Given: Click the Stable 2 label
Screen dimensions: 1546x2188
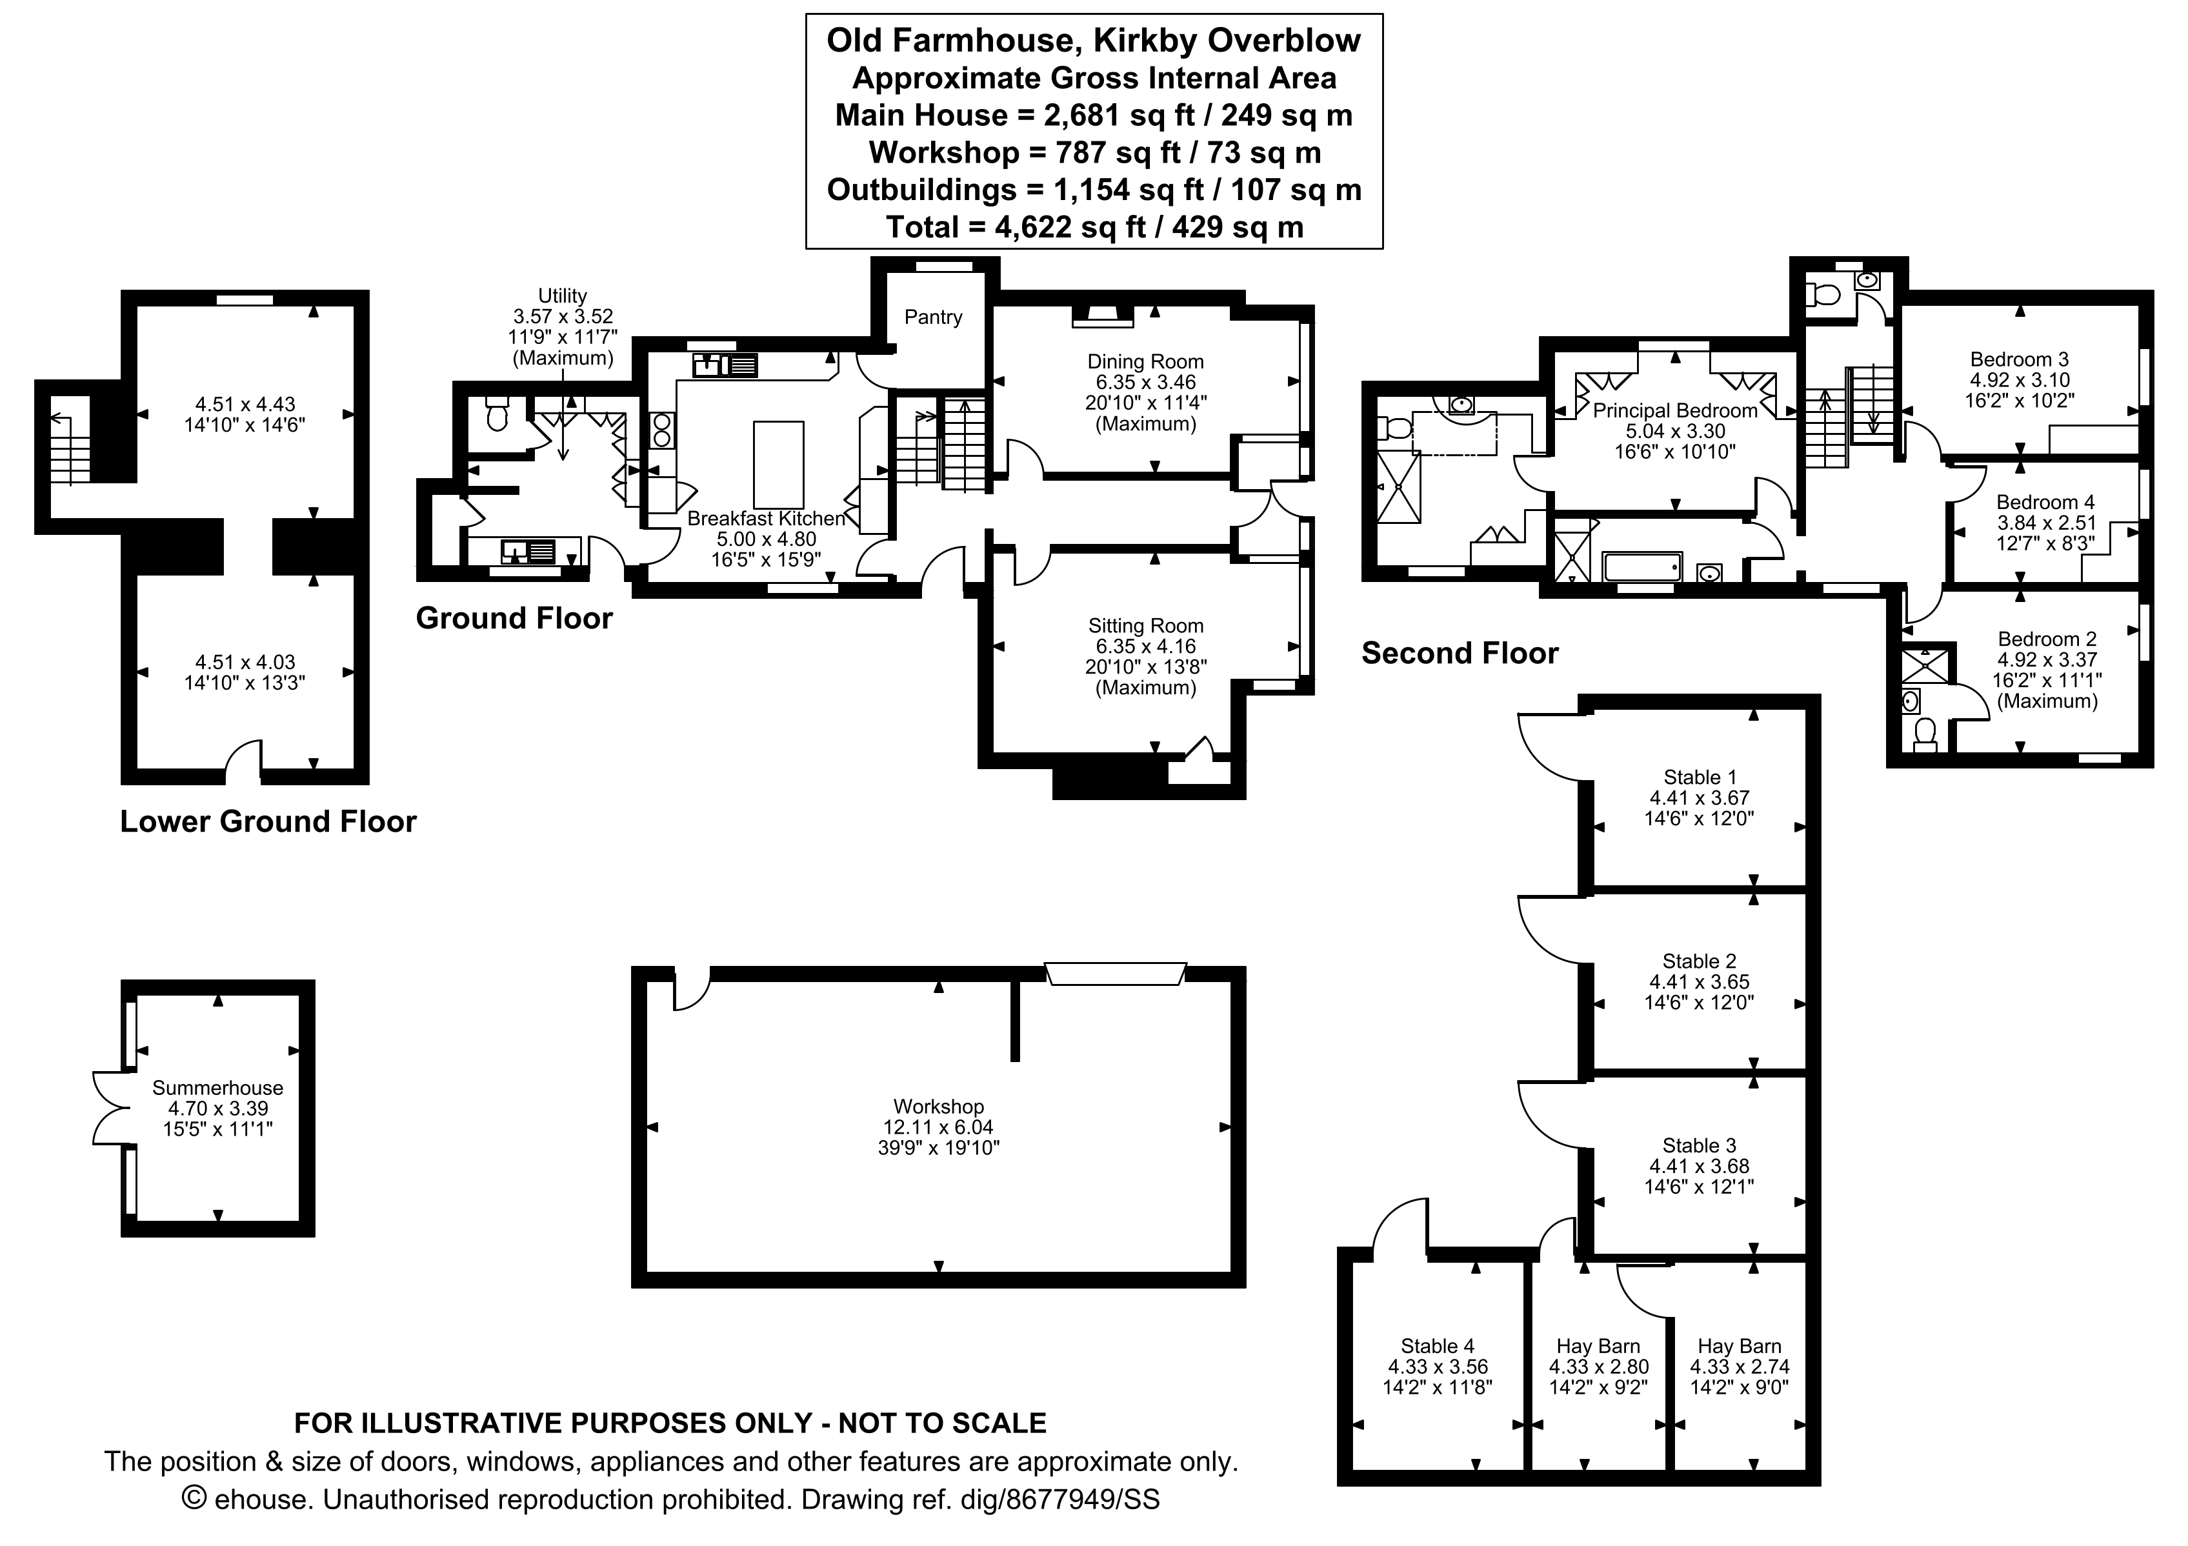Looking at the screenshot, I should tap(1699, 961).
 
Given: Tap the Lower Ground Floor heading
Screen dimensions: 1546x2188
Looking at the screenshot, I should tap(268, 821).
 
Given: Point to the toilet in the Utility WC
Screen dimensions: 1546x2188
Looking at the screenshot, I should tap(496, 416).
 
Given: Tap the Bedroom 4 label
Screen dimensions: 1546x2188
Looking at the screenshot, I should tap(2045, 502).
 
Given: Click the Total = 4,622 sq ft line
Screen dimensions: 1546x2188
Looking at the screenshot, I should tap(1094, 228).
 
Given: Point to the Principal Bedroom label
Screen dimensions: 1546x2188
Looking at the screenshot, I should tap(1674, 411).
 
